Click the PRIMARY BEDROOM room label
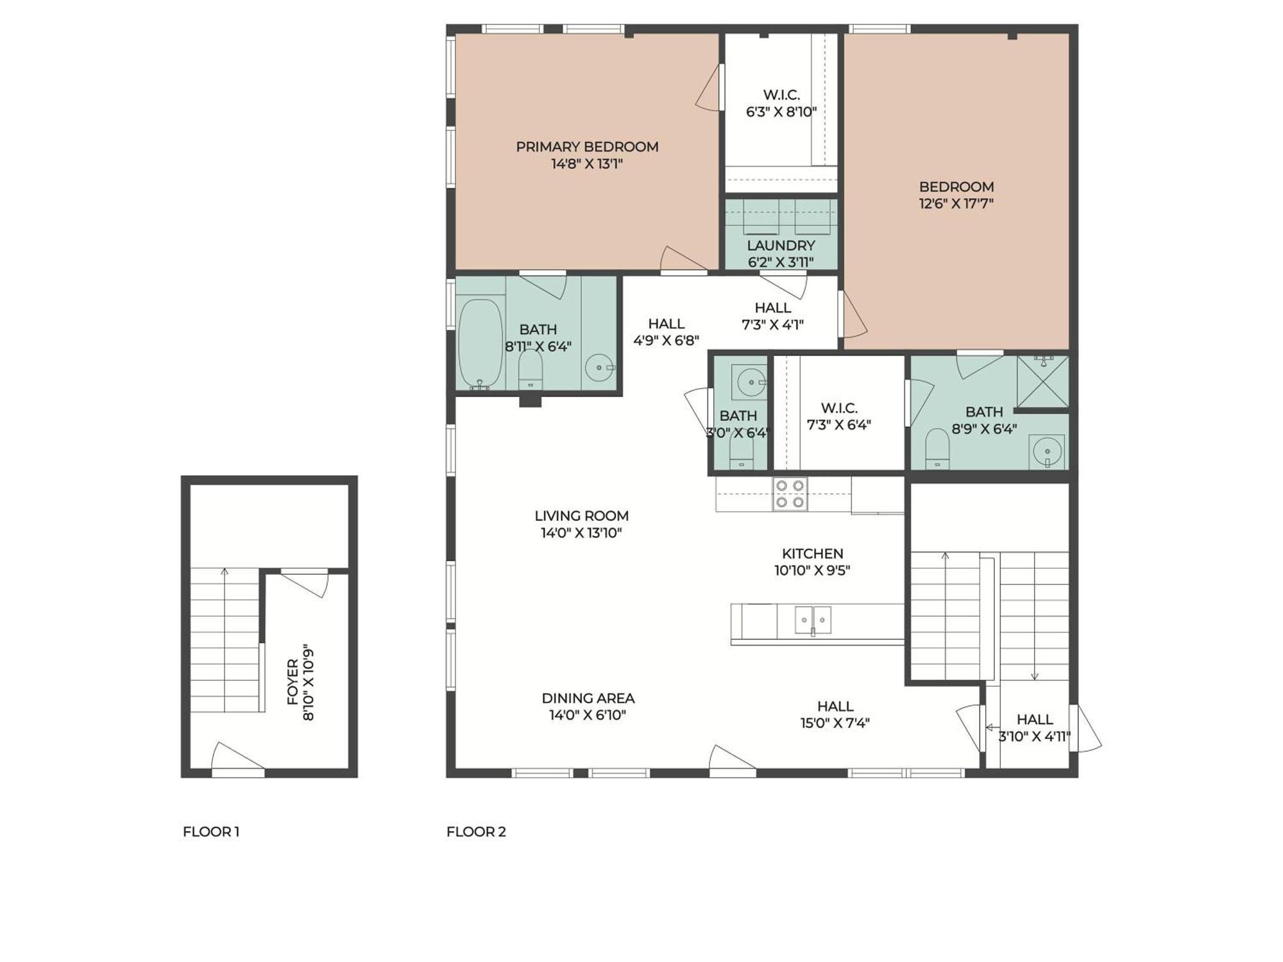click(x=587, y=147)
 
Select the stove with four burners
click(x=790, y=494)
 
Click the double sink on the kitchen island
click(x=813, y=620)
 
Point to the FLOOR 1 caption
click(x=211, y=832)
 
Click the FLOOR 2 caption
click(x=476, y=832)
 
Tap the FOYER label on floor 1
click(x=293, y=682)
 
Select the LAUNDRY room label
click(x=781, y=246)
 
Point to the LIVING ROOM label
click(x=581, y=516)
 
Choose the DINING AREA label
click(x=588, y=698)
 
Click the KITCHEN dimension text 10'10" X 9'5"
click(x=812, y=570)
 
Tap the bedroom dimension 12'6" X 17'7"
click(x=956, y=204)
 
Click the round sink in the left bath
click(x=600, y=368)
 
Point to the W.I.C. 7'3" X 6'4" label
click(x=838, y=416)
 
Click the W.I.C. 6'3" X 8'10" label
click(x=781, y=103)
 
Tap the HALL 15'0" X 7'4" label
click(x=835, y=714)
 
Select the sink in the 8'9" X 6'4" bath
click(x=1046, y=451)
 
